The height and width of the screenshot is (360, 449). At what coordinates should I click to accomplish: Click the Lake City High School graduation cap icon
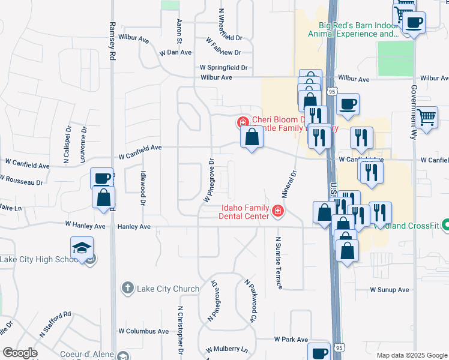click(82, 248)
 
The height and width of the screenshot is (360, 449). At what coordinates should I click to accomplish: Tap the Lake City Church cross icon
click(127, 289)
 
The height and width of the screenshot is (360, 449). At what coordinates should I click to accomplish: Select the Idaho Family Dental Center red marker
click(277, 211)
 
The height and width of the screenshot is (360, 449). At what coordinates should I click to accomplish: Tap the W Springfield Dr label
click(224, 68)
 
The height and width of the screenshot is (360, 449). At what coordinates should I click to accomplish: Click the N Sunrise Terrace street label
click(279, 262)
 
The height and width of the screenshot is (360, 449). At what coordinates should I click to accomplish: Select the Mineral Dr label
click(290, 185)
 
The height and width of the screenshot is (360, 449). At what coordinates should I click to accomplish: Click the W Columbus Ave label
click(143, 331)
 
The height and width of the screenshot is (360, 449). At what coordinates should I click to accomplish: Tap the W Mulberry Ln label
click(227, 349)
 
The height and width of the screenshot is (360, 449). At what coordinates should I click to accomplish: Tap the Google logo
click(20, 353)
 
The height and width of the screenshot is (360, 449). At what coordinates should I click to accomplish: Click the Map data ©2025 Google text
click(411, 355)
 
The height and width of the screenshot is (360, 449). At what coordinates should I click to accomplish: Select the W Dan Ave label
click(175, 53)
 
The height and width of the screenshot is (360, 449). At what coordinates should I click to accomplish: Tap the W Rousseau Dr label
click(23, 179)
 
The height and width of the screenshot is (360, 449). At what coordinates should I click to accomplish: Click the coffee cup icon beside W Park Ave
click(319, 352)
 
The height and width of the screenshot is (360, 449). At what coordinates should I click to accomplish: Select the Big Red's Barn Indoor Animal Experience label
click(353, 29)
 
